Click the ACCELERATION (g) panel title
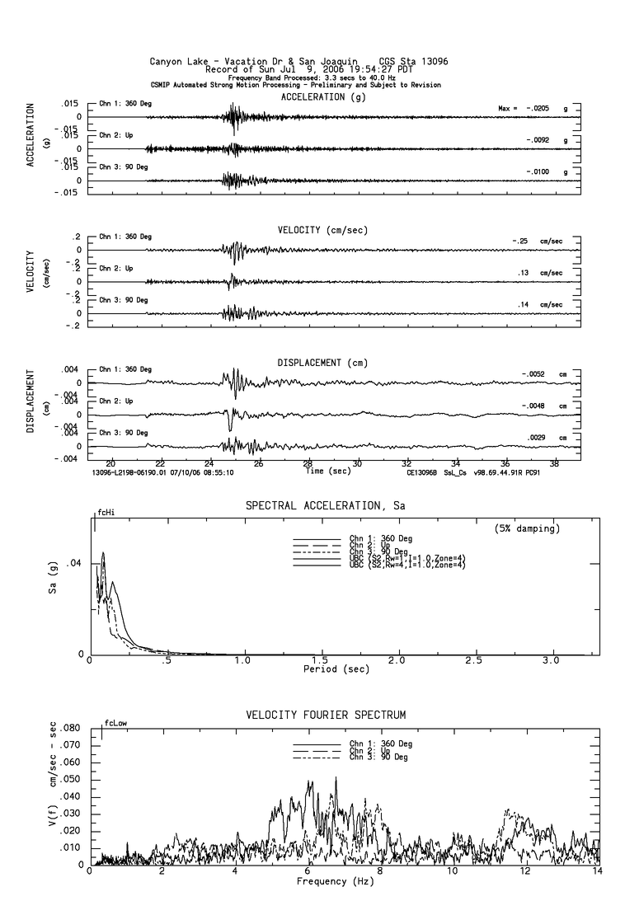322,96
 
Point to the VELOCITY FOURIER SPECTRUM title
326,715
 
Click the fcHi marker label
106,512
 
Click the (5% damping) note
527,528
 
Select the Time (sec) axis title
327,471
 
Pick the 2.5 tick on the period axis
475,661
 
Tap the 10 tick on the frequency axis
453,872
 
